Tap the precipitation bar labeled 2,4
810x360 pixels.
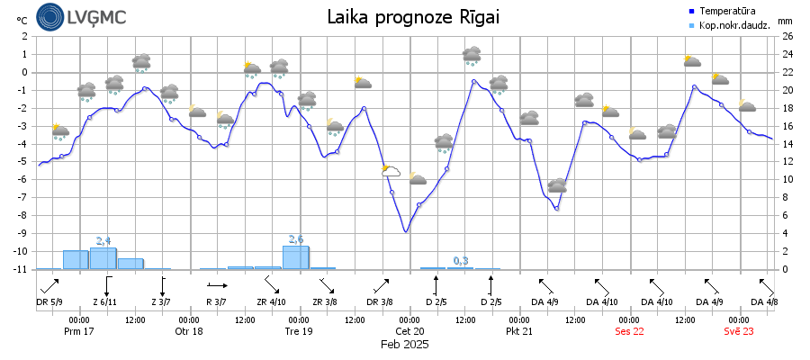[103, 258]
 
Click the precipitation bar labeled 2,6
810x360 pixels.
[295, 257]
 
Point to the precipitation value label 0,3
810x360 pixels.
[461, 261]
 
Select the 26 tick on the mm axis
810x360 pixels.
[787, 37]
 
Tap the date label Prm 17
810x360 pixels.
[79, 331]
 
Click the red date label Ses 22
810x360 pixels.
[629, 331]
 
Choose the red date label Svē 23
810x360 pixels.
[739, 331]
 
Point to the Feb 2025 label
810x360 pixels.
[404, 344]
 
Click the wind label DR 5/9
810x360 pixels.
[49, 301]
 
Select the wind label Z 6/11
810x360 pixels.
[104, 301]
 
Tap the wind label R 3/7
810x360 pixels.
[216, 301]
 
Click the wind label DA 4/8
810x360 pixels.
[764, 301]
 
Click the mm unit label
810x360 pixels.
[785, 20]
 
